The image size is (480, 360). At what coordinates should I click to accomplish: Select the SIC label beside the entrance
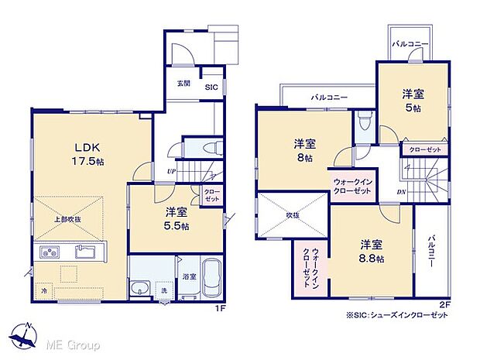pyautogui.click(x=211, y=88)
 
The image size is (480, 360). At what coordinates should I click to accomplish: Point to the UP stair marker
pyautogui.click(x=170, y=172)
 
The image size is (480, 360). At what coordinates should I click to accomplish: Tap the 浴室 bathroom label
pyautogui.click(x=189, y=275)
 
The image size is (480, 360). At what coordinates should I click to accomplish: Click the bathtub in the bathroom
pyautogui.click(x=210, y=279)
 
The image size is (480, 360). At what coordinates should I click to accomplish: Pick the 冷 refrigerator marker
pyautogui.click(x=44, y=290)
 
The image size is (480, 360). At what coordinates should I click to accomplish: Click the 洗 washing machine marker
pyautogui.click(x=164, y=290)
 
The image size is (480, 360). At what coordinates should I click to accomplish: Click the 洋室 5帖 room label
pyautogui.click(x=412, y=101)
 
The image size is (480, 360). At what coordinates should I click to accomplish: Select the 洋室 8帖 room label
pyautogui.click(x=303, y=150)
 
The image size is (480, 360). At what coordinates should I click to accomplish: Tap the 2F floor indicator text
pyautogui.click(x=444, y=305)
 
